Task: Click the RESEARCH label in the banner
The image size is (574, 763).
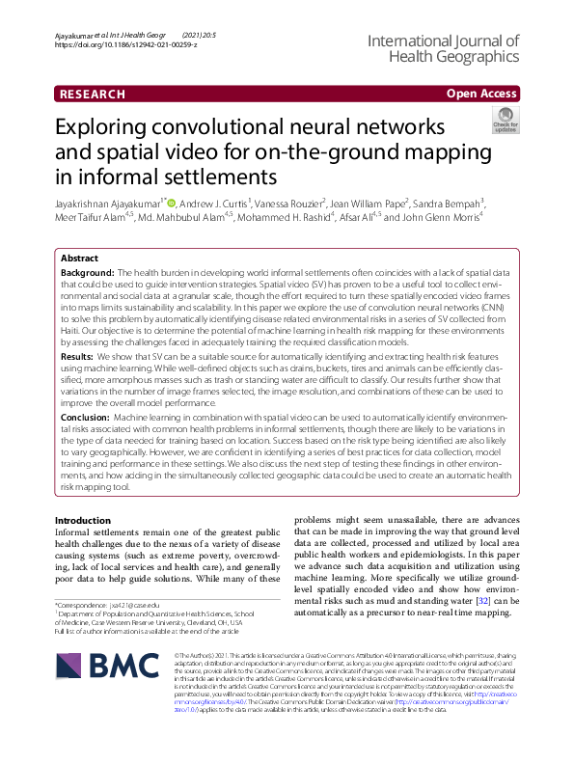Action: click(x=93, y=94)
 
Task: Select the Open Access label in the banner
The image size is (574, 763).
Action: click(x=482, y=94)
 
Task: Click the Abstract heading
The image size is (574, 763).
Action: click(x=79, y=259)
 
